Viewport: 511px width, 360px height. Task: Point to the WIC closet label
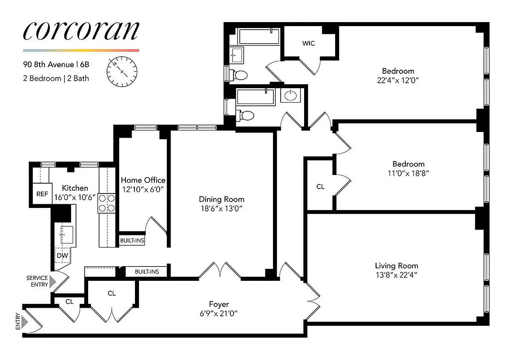coord(308,43)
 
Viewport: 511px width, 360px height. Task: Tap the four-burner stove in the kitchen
coord(108,203)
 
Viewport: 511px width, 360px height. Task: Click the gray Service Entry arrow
coord(53,282)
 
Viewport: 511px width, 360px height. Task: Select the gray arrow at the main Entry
coord(25,322)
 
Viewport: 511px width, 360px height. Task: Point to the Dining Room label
coord(222,199)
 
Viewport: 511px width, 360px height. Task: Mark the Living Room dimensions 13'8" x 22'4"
coord(396,275)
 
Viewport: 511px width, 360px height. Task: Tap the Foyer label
coord(219,305)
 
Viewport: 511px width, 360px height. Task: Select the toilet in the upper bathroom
coord(240,74)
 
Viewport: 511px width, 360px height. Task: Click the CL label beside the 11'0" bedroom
coord(320,186)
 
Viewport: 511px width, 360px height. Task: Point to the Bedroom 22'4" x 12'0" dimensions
coord(398,81)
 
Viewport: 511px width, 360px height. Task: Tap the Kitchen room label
coord(75,188)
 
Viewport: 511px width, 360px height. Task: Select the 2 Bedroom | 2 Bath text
coord(56,78)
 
